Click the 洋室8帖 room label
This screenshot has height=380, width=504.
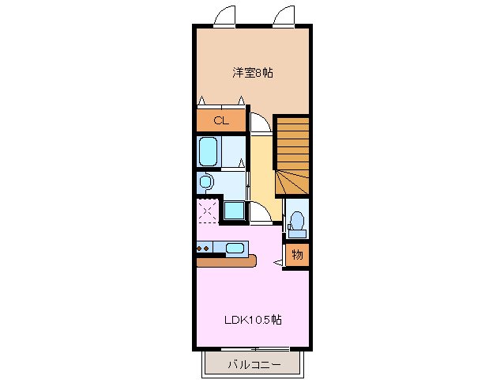pyautogui.click(x=253, y=73)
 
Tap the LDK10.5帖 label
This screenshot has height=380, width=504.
pyautogui.click(x=253, y=320)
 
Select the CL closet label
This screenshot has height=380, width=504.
pyautogui.click(x=220, y=121)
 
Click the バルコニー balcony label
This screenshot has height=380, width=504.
pyautogui.click(x=253, y=365)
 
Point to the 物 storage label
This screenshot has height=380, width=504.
pyautogui.click(x=297, y=255)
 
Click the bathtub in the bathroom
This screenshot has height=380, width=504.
pyautogui.click(x=209, y=150)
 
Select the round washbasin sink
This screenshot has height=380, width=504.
pyautogui.click(x=206, y=183)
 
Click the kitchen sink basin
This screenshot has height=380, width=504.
pyautogui.click(x=235, y=249)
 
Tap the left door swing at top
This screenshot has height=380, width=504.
pyautogui.click(x=225, y=16)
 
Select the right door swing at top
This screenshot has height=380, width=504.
pyautogui.click(x=285, y=16)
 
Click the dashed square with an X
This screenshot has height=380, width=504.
pyautogui.click(x=208, y=211)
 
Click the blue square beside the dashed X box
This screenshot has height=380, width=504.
pyautogui.click(x=234, y=211)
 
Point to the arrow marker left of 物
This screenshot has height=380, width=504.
pyautogui.click(x=277, y=260)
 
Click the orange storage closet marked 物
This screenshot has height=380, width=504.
pyautogui.click(x=297, y=255)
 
